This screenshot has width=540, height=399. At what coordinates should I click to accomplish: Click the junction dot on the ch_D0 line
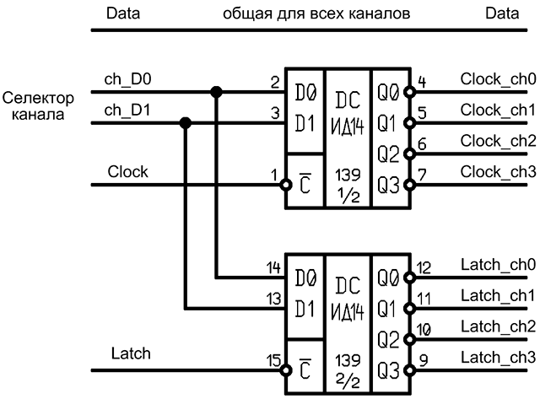click(216, 92)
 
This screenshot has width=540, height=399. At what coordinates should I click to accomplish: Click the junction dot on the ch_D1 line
click(186, 122)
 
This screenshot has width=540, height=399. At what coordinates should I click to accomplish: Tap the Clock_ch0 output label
click(498, 79)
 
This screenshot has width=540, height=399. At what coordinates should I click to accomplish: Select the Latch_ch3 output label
click(498, 358)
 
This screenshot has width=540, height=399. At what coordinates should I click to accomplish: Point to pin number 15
click(273, 360)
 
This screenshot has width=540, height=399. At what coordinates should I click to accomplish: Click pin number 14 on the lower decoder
click(273, 268)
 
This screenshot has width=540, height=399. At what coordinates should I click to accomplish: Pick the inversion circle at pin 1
click(285, 185)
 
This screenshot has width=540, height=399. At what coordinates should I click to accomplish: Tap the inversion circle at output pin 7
click(409, 185)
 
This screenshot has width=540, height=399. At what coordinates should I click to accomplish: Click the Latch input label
click(131, 353)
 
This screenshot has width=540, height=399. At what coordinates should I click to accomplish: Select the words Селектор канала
click(38, 106)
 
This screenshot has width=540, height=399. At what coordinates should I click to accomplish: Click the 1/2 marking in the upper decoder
click(348, 196)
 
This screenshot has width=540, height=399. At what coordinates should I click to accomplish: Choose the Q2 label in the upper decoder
click(388, 154)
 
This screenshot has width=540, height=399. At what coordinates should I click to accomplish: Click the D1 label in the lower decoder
click(305, 309)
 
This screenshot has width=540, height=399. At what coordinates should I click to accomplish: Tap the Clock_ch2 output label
click(498, 142)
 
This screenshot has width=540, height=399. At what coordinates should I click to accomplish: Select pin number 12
click(424, 268)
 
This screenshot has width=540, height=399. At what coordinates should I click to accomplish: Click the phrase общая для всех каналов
click(316, 13)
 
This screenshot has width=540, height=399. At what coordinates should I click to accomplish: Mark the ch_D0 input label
click(127, 79)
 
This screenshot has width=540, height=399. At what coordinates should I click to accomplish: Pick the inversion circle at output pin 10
click(409, 339)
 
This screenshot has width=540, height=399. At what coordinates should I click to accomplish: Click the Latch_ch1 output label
click(498, 296)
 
